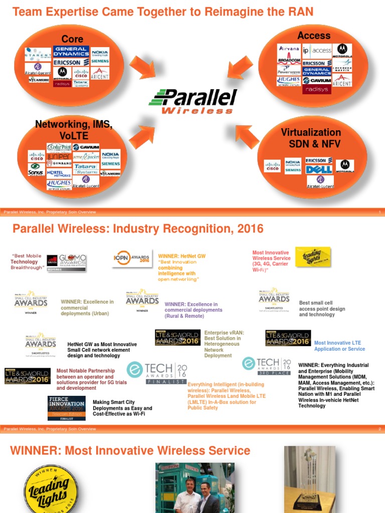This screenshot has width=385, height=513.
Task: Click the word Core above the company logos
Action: point(72,39)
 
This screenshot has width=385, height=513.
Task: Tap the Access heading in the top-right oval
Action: point(314,36)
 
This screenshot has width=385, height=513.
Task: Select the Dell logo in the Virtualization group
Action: point(319,170)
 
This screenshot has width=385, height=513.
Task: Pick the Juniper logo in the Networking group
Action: point(59,155)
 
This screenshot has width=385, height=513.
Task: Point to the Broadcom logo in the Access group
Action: point(289,61)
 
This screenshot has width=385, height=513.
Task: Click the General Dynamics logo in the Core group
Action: point(71,52)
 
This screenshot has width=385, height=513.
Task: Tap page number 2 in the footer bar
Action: point(380,429)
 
